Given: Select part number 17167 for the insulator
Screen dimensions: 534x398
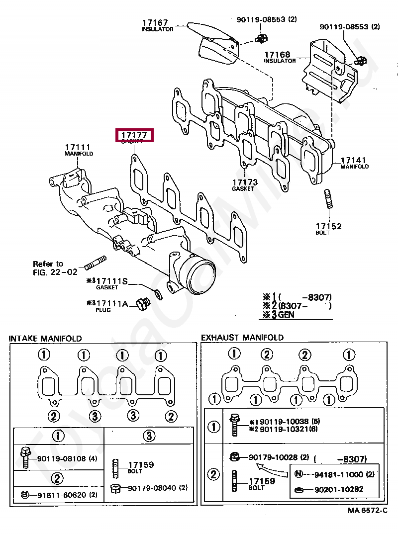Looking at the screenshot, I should click(155, 22).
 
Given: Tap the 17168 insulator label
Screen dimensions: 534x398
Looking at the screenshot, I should click(277, 54).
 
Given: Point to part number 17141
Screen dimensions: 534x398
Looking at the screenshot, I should click(353, 161).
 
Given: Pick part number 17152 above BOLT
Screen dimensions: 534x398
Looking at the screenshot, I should click(328, 226).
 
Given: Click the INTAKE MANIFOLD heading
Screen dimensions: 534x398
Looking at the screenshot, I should click(45, 339).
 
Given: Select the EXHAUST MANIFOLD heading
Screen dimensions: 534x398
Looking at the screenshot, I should click(242, 338).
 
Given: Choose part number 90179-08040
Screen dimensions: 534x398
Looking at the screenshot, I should click(150, 488).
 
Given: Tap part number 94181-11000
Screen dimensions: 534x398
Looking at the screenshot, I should click(339, 474).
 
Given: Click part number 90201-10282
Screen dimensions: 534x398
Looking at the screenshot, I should click(339, 489).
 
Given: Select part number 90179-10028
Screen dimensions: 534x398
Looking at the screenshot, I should click(272, 457).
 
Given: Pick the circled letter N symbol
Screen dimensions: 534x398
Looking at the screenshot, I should click(298, 474).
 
